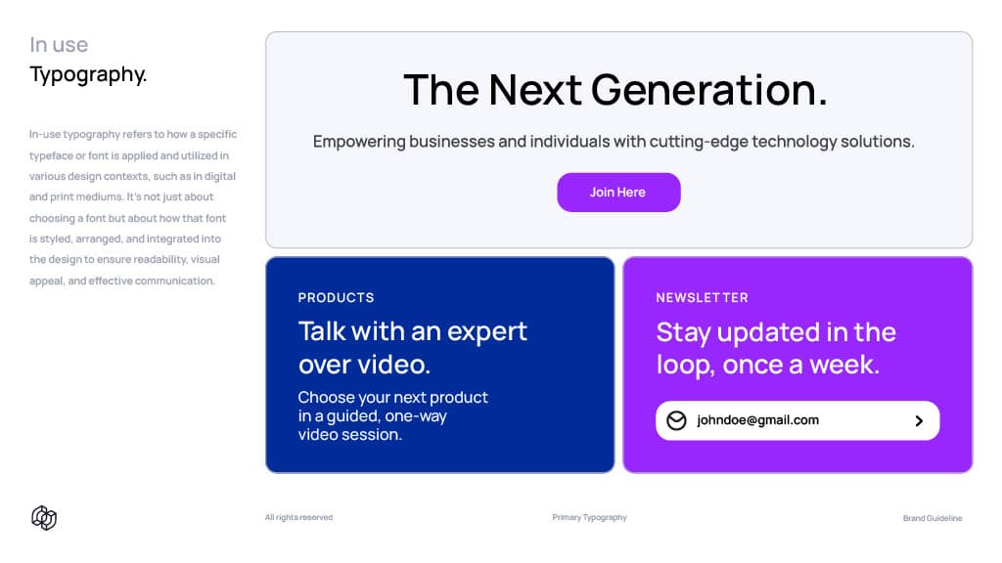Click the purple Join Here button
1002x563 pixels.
(618, 193)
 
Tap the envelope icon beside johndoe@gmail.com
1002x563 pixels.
(676, 420)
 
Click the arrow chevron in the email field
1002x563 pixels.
(919, 420)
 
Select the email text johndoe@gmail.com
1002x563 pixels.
(757, 420)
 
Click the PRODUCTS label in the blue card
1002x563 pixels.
(337, 297)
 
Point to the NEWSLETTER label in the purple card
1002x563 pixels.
(702, 297)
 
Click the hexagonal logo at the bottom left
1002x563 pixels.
(44, 518)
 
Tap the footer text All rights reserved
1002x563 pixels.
(298, 517)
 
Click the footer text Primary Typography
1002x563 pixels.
(589, 517)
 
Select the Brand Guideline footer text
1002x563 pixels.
(933, 518)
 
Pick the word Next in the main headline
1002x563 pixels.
(535, 89)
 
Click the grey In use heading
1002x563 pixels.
(59, 45)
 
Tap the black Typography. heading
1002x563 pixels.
(88, 74)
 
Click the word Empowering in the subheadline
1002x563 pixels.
(359, 142)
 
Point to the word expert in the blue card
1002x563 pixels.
(487, 332)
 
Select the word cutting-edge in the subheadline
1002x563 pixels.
(699, 142)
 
